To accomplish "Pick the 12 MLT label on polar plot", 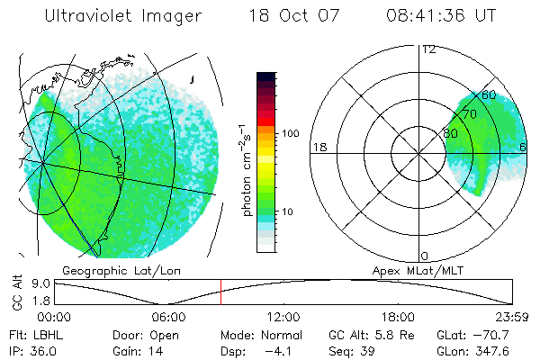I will pos(428,49).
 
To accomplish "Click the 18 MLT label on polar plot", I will pos(318,147).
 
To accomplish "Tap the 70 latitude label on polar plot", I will pos(470,114).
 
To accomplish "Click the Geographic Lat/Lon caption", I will pos(112,270).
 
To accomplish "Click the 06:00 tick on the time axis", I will pos(168,317).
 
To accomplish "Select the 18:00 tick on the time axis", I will pos(398,317).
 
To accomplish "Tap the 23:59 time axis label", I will pos(512,317).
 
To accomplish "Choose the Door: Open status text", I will pos(139,335).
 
